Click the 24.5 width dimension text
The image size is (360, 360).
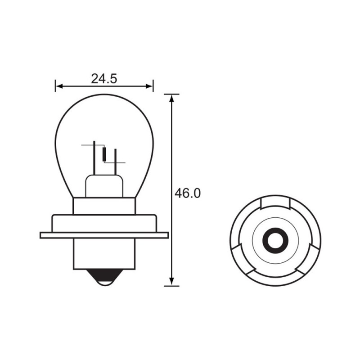coord(104,79)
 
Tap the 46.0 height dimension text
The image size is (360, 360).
coord(187,193)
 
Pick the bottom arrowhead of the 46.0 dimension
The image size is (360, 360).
coord(171,282)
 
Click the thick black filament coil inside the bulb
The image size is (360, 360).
coord(105,154)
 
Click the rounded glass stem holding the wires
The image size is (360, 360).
coord(104,187)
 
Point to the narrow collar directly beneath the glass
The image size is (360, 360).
coord(104,206)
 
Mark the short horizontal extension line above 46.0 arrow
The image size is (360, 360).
coord(171,94)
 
